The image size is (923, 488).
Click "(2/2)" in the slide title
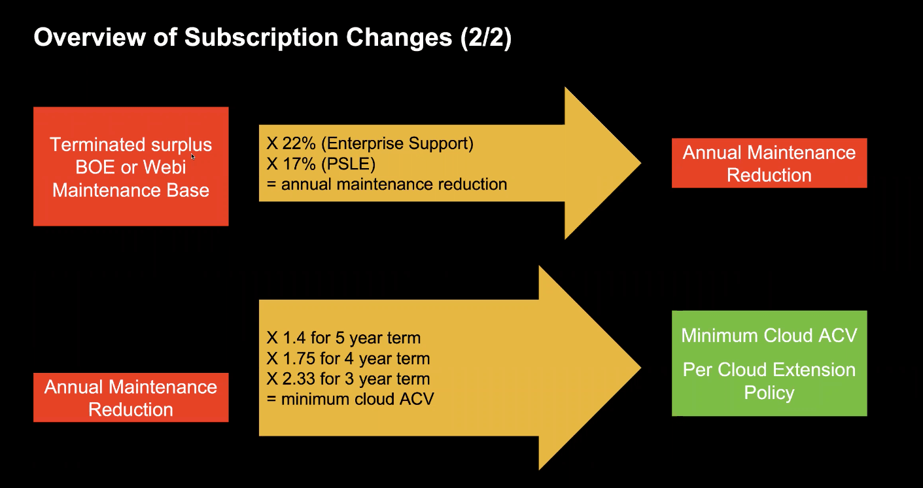(x=486, y=38)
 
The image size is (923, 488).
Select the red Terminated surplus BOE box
(x=131, y=167)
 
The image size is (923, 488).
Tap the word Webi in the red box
(x=164, y=167)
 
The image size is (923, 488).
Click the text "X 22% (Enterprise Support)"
(x=370, y=143)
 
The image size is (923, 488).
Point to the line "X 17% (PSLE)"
(x=321, y=164)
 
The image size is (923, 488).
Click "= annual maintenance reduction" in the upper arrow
(x=387, y=184)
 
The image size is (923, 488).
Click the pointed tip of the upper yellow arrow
(x=641, y=164)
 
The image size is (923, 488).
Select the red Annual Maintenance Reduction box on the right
(x=769, y=164)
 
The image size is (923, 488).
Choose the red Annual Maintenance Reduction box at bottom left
(x=131, y=397)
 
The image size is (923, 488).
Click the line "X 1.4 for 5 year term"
(x=343, y=338)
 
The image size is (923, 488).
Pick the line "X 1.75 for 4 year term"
(x=348, y=358)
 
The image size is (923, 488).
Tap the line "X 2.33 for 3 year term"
(x=348, y=379)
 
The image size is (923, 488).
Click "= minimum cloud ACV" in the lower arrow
(x=350, y=399)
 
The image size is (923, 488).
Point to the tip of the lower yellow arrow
(x=641, y=368)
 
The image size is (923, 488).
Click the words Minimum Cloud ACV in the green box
(x=769, y=336)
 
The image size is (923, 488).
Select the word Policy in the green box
(x=769, y=392)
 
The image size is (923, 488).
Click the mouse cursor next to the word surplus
(x=192, y=156)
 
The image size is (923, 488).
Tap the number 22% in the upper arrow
(x=299, y=143)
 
